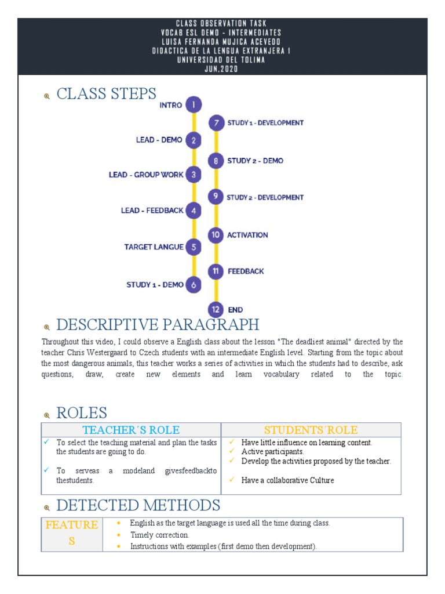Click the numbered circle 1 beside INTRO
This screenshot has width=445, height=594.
(194, 105)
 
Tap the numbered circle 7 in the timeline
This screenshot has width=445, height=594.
(216, 123)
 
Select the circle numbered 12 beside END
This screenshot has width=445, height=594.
(216, 310)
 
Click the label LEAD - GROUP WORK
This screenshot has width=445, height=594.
(146, 175)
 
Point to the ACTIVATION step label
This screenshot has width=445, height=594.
(247, 235)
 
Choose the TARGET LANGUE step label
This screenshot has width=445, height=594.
(154, 247)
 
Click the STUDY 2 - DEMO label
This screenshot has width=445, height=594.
(255, 161)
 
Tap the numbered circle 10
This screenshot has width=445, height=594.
(216, 235)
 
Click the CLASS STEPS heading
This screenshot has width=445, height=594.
(107, 94)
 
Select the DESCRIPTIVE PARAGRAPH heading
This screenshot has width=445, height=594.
(158, 324)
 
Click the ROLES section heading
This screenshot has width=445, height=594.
(82, 413)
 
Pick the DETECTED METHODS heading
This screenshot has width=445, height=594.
(138, 505)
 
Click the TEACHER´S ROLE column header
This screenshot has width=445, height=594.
(131, 430)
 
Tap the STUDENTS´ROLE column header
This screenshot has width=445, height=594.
(311, 430)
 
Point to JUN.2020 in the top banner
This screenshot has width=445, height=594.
(222, 68)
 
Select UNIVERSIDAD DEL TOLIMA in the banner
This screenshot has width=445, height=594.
(222, 60)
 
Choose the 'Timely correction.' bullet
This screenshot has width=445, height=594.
(159, 535)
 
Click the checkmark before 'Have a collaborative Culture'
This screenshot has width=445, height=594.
(232, 480)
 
